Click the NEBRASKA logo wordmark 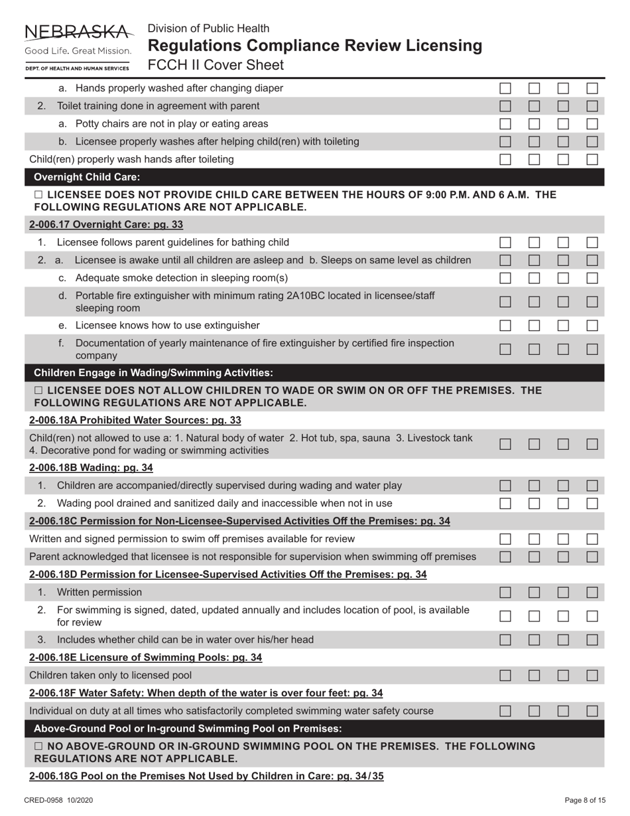coord(77,32)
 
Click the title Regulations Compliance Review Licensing coord(314,46)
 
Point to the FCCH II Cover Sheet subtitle coord(216,65)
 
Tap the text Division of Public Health coord(208,29)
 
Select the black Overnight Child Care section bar coord(315,177)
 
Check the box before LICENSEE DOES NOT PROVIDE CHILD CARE coord(38,194)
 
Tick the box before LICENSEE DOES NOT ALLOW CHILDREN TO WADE coord(38,389)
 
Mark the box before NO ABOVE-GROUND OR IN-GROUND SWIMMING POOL coord(38,746)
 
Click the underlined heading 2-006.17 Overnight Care coord(106,224)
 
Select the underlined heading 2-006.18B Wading coord(91,468)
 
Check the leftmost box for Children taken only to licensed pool coord(506,675)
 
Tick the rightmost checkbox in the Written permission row coord(593,592)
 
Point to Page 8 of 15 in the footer coord(585,800)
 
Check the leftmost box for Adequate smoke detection coord(506,277)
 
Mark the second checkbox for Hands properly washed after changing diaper coord(535,88)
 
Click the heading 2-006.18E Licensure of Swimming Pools coord(145,657)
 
